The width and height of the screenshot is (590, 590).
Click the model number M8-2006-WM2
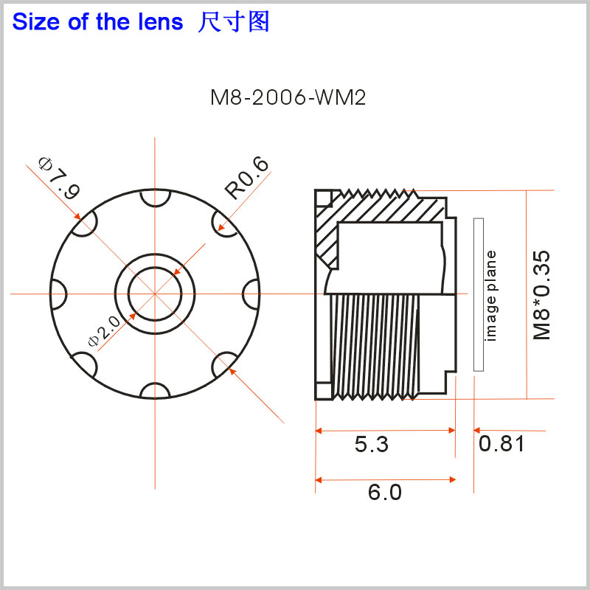288,98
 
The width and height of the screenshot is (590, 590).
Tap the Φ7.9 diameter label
60,178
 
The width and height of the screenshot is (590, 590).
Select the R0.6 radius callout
247,177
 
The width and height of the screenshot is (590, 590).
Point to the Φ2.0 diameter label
104,330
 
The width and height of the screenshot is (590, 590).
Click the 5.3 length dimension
372,444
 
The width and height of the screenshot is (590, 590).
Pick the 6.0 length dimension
384,492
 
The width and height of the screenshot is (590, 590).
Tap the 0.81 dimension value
502,444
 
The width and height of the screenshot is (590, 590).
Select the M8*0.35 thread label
542,295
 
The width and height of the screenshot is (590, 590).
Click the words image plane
491,296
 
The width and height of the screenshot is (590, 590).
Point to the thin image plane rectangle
479,294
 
